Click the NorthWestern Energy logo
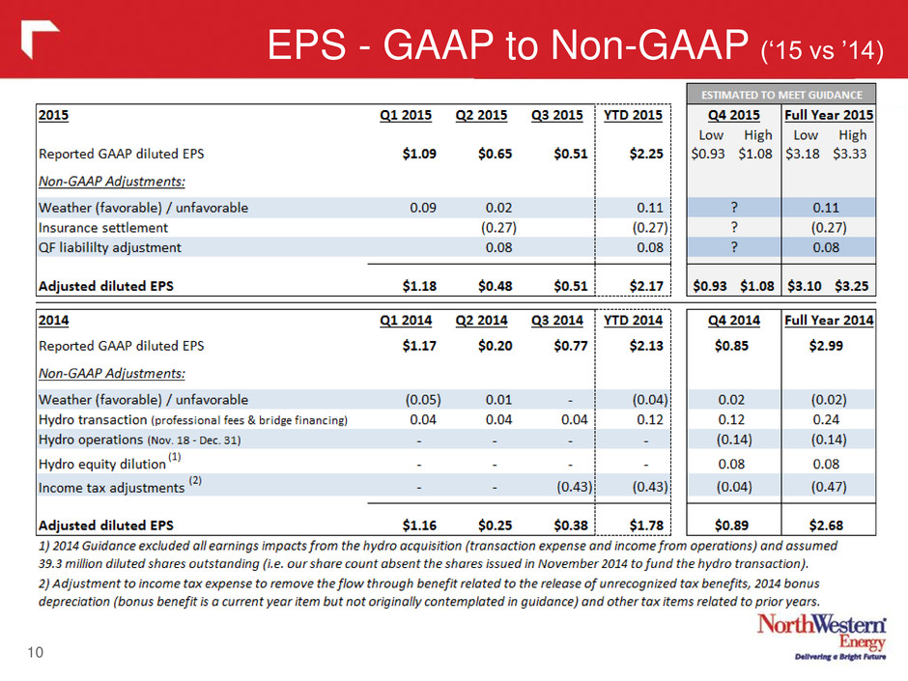click(822, 636)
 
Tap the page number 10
click(36, 653)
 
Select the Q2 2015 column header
click(481, 115)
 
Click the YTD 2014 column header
click(633, 321)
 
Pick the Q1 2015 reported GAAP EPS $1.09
click(419, 154)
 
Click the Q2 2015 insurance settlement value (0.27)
click(498, 228)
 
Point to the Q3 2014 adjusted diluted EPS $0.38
click(570, 525)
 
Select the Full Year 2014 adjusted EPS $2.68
click(826, 525)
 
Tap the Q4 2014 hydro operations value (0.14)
click(734, 440)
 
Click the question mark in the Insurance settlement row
click(734, 227)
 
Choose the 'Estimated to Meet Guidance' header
click(781, 95)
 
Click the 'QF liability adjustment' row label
click(110, 248)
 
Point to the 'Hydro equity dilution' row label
click(102, 464)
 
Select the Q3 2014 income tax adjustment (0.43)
click(575, 487)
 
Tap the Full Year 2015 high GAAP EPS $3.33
click(849, 154)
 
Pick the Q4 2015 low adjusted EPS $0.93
click(710, 286)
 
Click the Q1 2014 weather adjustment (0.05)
click(423, 400)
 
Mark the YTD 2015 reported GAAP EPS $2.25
click(646, 154)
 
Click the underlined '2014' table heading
click(53, 321)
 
